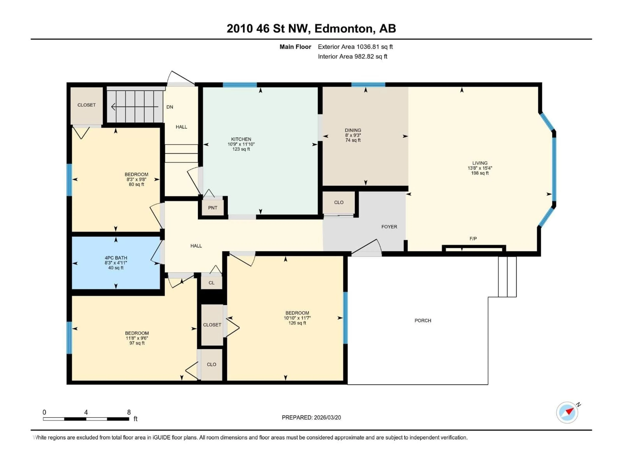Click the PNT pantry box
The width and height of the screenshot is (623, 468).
point(213,208)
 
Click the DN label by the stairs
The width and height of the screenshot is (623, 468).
point(170,107)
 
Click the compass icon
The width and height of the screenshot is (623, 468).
point(567,412)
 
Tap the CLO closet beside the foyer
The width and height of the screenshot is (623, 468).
point(339,202)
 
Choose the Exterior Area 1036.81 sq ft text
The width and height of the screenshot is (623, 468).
point(355,47)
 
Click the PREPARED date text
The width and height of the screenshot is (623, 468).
point(311,417)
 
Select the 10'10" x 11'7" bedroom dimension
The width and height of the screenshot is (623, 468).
point(297,318)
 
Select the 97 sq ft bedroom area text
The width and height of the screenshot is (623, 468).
point(137,343)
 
